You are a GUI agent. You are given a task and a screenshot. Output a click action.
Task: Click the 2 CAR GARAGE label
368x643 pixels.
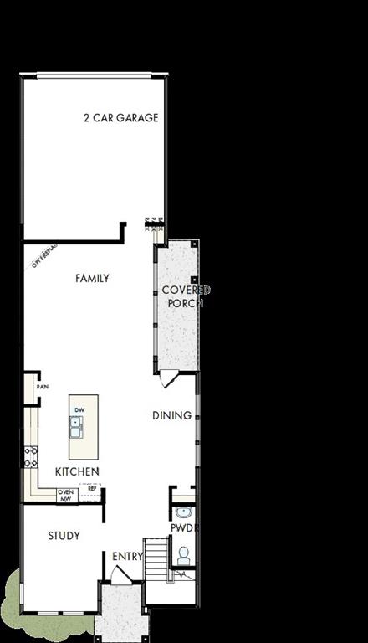tap(120, 118)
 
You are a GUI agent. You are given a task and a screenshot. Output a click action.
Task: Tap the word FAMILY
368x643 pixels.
tap(92, 278)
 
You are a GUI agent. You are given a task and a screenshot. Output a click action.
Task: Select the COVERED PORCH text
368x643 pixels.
tap(186, 296)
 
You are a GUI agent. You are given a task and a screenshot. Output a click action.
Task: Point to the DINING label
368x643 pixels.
tap(171, 415)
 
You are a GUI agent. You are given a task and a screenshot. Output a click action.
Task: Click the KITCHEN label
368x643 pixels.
tap(77, 471)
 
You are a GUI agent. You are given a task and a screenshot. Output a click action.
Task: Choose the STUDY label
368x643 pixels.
tap(64, 536)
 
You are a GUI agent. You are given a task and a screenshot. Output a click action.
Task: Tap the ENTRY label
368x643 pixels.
tap(128, 556)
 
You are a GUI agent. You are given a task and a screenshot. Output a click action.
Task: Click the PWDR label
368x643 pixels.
tap(182, 529)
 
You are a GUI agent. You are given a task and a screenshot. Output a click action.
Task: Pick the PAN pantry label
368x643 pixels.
tap(42, 388)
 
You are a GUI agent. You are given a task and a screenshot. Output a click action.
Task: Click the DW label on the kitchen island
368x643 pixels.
tap(79, 409)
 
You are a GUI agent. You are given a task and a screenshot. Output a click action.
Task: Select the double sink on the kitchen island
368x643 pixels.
tap(77, 428)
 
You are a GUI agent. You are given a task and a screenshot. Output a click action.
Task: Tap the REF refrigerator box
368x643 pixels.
tap(92, 488)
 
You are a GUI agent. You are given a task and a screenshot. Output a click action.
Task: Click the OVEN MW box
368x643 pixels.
tap(66, 495)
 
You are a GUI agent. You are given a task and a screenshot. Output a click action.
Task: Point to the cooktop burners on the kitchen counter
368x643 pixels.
tap(31, 456)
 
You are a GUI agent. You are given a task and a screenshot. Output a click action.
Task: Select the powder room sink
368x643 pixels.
tap(184, 512)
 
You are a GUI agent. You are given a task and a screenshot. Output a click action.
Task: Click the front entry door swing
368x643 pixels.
tap(121, 575)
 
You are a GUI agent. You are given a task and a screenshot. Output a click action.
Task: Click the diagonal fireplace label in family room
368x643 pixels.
tap(43, 256)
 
